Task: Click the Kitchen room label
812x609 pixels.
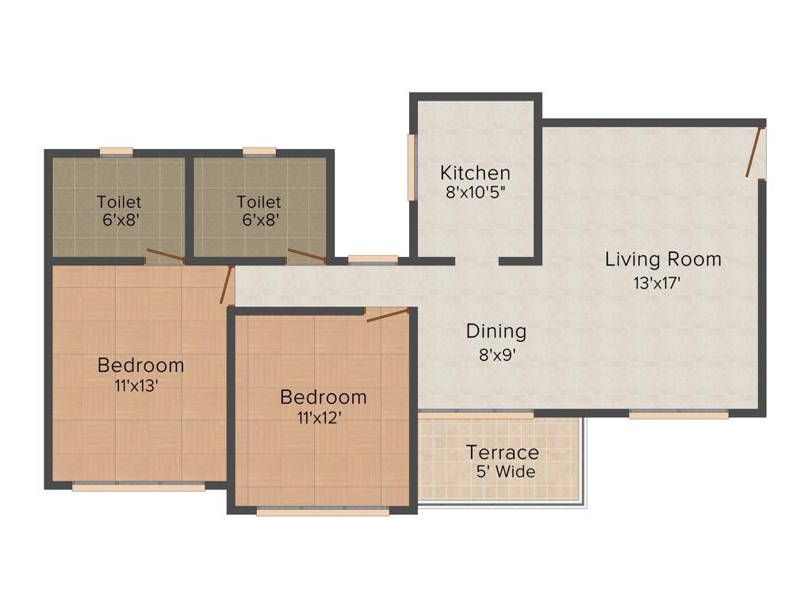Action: [x=475, y=173]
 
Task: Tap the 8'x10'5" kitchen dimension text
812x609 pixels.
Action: [x=475, y=191]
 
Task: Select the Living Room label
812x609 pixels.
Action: [x=663, y=259]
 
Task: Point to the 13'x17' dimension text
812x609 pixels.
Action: [x=657, y=282]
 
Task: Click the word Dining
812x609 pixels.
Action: [x=496, y=331]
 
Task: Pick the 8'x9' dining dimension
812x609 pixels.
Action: [x=497, y=354]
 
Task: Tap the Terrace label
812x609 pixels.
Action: [x=502, y=453]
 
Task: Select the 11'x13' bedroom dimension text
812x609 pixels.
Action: [x=140, y=386]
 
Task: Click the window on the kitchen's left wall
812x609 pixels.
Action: [x=412, y=167]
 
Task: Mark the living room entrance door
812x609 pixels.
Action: [x=755, y=151]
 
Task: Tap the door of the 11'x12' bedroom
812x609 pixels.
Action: [x=388, y=315]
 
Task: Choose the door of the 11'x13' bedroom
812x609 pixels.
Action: [x=227, y=285]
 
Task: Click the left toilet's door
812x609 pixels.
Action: [x=165, y=255]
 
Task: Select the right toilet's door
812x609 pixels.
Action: [x=306, y=255]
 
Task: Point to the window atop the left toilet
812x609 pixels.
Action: [x=116, y=151]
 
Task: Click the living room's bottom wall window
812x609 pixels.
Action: [x=679, y=414]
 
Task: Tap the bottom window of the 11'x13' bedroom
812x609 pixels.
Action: [x=138, y=487]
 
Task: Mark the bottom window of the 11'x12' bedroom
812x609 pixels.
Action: [x=323, y=512]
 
